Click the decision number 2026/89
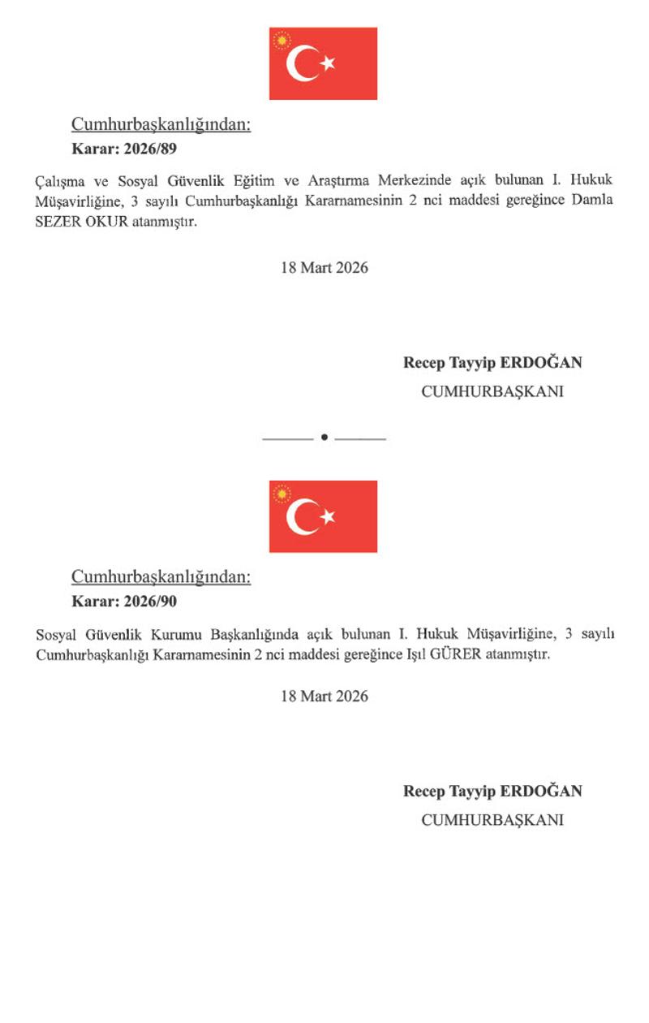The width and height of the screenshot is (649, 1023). pyautogui.click(x=146, y=149)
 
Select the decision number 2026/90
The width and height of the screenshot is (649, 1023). pyautogui.click(x=146, y=602)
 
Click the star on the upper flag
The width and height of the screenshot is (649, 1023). pyautogui.click(x=327, y=63)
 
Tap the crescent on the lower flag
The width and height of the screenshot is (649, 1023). pyautogui.click(x=303, y=516)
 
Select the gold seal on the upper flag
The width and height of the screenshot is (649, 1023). pyautogui.click(x=282, y=40)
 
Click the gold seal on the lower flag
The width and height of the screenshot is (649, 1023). pyautogui.click(x=282, y=493)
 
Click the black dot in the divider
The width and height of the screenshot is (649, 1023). pyautogui.click(x=324, y=438)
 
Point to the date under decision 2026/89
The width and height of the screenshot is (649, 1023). pyautogui.click(x=324, y=268)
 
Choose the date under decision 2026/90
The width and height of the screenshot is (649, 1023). pyautogui.click(x=324, y=696)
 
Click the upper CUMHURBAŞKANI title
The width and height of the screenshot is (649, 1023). pyautogui.click(x=492, y=391)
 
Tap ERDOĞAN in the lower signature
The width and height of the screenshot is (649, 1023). pyautogui.click(x=540, y=791)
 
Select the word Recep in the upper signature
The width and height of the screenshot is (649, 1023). pyautogui.click(x=424, y=362)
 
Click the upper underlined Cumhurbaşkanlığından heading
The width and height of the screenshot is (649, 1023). pyautogui.click(x=161, y=124)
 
